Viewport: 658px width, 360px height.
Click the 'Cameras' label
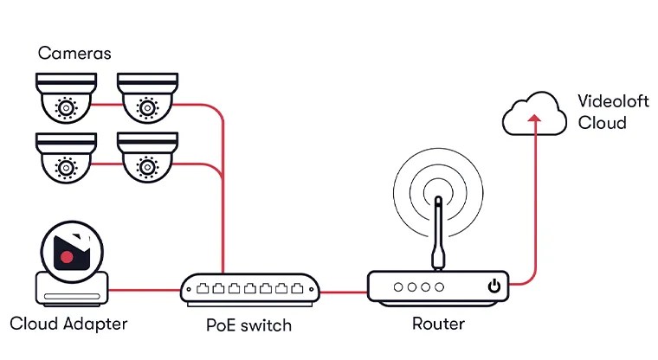click(74, 54)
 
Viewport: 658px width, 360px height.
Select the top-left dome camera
click(65, 97)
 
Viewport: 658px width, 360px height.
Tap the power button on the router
click(493, 286)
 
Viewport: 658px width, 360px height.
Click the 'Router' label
click(438, 325)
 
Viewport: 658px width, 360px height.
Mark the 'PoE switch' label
click(248, 326)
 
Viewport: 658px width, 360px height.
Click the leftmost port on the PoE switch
click(196, 286)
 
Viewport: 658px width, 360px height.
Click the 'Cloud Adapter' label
click(68, 325)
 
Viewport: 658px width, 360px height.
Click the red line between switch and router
click(344, 292)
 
